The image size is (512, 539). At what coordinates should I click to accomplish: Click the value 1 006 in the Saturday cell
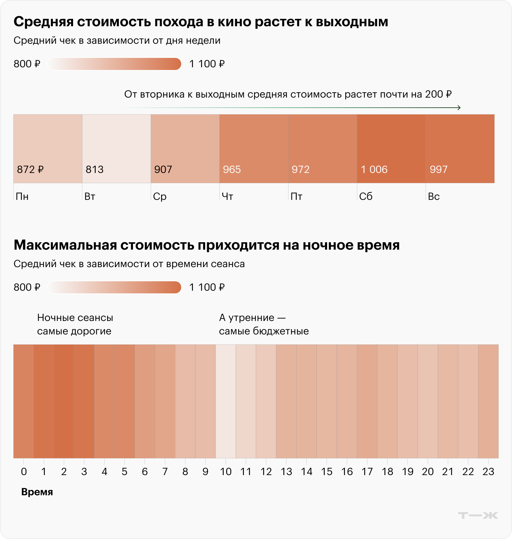[374, 169]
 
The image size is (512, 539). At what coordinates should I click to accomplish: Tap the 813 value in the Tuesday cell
[94, 169]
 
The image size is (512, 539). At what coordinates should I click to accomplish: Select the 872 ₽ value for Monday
[30, 169]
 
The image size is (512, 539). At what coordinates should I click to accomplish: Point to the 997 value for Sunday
[438, 169]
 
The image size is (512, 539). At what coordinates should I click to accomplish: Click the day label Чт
[227, 196]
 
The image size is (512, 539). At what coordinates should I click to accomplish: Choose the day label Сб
[365, 196]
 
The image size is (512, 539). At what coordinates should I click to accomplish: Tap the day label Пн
[22, 196]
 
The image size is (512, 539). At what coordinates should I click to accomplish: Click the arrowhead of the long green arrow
[459, 108]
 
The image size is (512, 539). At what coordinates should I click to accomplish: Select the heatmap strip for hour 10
[226, 401]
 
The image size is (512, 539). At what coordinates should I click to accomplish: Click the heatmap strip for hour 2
[64, 401]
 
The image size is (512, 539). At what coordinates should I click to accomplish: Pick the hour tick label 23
[488, 472]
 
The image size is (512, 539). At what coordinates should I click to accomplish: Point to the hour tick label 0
[24, 472]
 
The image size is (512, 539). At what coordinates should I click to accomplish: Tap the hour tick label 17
[367, 472]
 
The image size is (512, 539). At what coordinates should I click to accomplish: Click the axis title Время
[37, 492]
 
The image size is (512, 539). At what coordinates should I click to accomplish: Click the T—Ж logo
[478, 515]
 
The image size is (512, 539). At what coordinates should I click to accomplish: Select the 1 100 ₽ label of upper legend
[207, 64]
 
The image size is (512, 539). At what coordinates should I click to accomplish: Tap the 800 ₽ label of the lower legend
[27, 287]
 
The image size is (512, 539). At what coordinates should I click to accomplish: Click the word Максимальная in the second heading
[65, 245]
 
